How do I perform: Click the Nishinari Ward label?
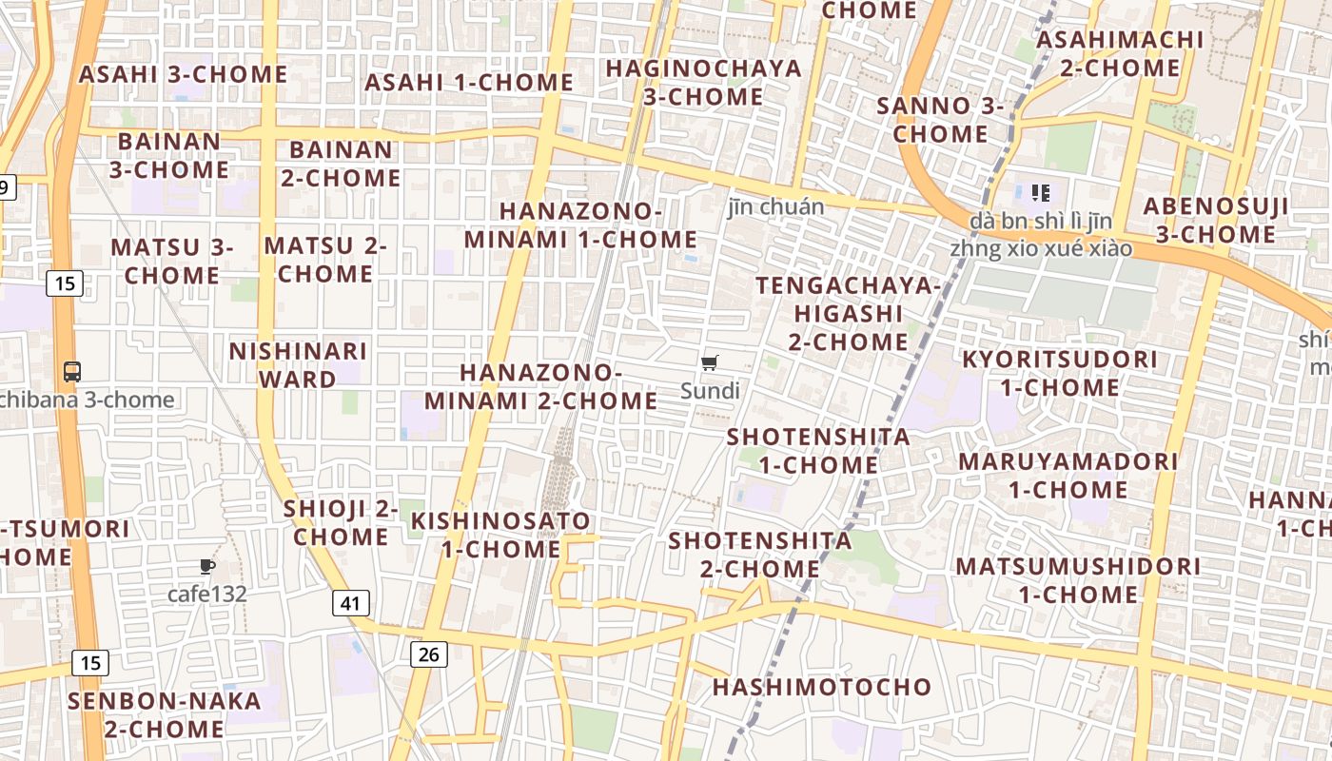pos(297,365)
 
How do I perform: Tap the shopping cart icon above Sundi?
pos(709,362)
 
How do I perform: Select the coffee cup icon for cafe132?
pos(207,567)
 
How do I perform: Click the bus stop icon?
pos(72,371)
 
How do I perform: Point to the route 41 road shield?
pos(351,602)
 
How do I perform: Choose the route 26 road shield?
pos(429,654)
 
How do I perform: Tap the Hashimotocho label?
pos(822,687)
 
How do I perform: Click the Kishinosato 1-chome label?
pos(500,535)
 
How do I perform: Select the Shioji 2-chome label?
pos(341,522)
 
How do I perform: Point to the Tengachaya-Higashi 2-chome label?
pos(848,313)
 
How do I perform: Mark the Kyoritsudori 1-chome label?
pos(1060,373)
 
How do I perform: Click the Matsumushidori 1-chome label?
pos(1078,580)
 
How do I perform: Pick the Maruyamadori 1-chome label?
pos(1068,476)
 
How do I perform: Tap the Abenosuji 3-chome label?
pos(1216,220)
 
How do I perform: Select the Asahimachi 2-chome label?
pos(1120,53)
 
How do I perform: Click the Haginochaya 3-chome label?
pos(703,82)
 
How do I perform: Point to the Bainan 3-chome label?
pos(168,155)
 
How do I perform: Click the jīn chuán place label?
pos(776,206)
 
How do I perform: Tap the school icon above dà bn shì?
pos(1041,193)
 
